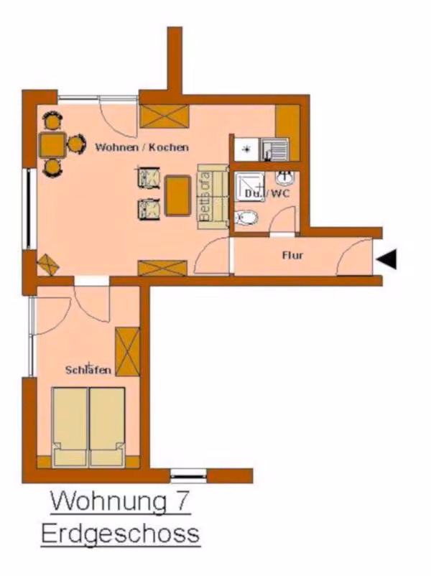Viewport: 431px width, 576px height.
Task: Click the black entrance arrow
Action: (387, 259)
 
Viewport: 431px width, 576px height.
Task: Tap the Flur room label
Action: (293, 255)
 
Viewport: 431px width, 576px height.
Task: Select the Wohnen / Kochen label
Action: (142, 147)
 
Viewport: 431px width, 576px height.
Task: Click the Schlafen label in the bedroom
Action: (88, 370)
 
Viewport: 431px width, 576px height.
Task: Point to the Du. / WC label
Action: (267, 194)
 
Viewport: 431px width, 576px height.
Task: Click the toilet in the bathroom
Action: (246, 218)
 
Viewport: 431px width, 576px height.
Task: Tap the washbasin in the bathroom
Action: (285, 179)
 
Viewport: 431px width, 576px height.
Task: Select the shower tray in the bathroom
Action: (249, 187)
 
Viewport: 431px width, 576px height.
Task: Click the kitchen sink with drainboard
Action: (275, 149)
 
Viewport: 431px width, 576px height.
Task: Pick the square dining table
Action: (52, 144)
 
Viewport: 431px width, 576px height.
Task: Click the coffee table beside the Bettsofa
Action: (178, 196)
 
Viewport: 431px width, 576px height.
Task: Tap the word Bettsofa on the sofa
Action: (205, 197)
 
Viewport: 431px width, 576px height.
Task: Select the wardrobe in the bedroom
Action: (127, 351)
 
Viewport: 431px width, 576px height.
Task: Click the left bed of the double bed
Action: (70, 427)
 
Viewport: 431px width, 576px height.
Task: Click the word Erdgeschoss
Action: (120, 534)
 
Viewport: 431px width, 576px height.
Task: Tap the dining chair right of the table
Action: (76, 144)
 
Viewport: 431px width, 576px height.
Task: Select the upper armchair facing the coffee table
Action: (149, 177)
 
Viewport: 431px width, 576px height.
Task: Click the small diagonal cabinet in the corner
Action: (47, 264)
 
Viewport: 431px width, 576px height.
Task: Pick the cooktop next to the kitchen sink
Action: (247, 149)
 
